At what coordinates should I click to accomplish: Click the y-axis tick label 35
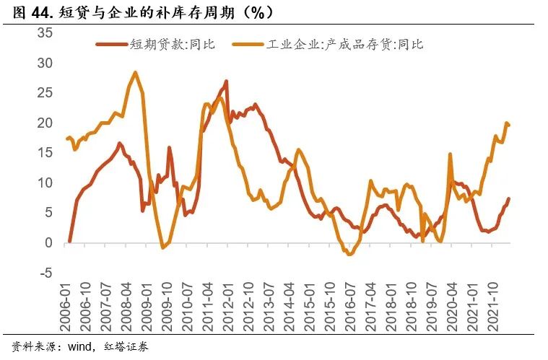click(45, 33)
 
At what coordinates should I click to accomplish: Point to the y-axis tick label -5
click(45, 273)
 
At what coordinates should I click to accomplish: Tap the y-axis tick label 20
click(45, 123)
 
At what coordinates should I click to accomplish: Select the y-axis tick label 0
click(48, 243)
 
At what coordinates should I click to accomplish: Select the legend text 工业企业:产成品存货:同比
click(346, 45)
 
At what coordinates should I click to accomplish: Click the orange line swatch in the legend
click(248, 45)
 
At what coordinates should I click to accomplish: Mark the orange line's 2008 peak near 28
click(135, 72)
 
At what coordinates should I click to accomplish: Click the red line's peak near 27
click(226, 81)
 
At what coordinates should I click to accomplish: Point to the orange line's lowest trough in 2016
click(350, 255)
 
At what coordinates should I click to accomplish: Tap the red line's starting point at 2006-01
click(69, 241)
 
